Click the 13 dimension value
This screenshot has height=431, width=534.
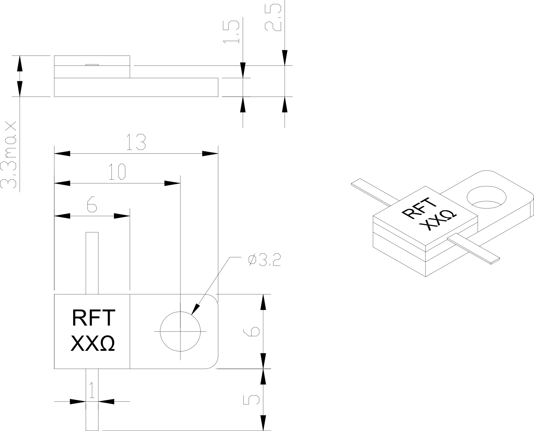pos(136,142)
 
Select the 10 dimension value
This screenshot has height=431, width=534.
pos(117,172)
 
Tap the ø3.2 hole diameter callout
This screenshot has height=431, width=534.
pos(265,260)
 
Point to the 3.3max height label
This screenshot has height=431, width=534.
pos(9,155)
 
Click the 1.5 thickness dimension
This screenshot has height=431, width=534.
pos(231,32)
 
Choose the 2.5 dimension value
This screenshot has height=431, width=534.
pos(273,17)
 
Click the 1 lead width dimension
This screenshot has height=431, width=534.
pos(92,390)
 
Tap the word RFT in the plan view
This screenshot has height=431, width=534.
pos(93,318)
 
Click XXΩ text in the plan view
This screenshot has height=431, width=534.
pos(93,343)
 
